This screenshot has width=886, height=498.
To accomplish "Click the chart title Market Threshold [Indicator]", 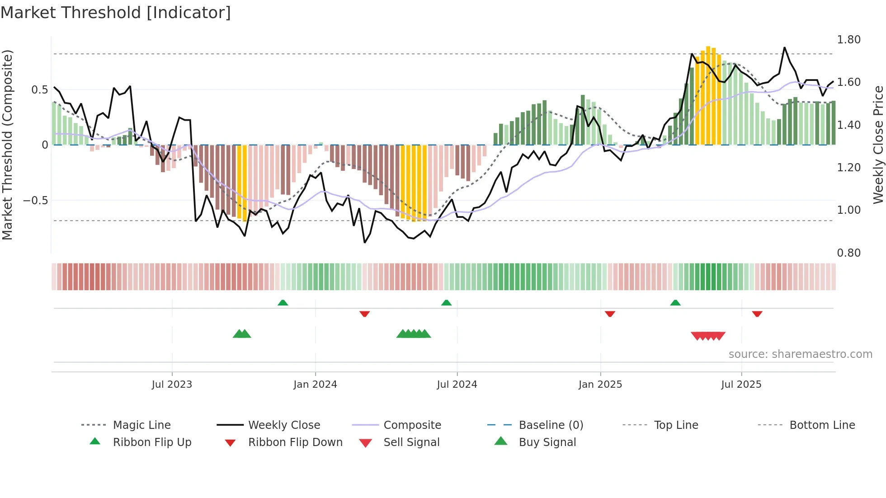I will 116,13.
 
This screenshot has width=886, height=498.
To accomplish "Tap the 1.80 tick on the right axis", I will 848,40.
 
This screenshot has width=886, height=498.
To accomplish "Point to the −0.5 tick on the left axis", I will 35,200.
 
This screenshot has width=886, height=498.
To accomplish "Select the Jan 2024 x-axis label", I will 315,385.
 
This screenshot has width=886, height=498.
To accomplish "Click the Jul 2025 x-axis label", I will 741,385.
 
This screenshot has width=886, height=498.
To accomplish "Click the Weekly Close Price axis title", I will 878,145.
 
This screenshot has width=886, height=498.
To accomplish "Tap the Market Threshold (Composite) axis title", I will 7,145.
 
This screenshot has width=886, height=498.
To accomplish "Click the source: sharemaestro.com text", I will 800,354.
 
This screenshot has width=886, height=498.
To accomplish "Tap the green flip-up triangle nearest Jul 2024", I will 446,303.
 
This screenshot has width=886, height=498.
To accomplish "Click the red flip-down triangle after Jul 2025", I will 757,314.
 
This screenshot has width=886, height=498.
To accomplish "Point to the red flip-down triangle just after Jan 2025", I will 610,314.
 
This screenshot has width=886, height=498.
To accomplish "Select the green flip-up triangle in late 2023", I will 283,303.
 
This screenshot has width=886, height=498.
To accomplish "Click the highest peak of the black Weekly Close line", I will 784,47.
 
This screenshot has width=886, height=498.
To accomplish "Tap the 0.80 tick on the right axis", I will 848,253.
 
